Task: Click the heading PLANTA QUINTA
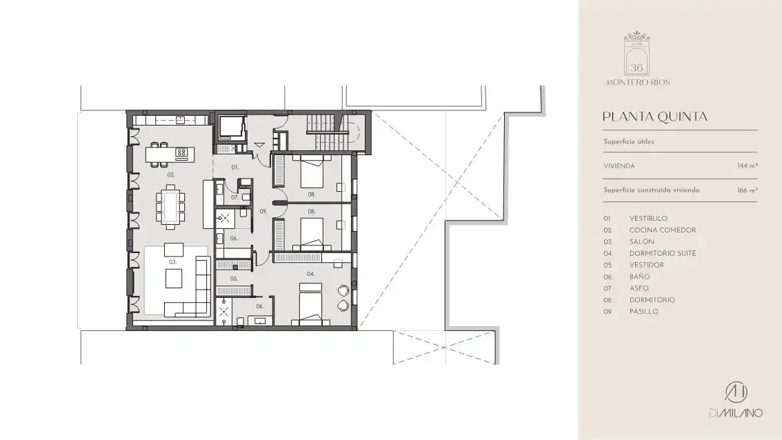[655, 117]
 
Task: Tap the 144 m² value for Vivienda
[748, 166]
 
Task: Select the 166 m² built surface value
[748, 190]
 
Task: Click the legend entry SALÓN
[642, 241]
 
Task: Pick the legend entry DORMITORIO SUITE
[663, 253]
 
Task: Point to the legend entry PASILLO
[644, 312]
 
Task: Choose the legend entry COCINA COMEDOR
[663, 230]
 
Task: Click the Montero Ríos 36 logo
[637, 59]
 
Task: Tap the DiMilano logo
[736, 399]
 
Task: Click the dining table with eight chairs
[170, 206]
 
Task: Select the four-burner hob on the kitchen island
[181, 152]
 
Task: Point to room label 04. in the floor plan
[311, 274]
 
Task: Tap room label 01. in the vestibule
[235, 168]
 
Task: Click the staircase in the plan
[327, 131]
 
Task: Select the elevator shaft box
[230, 128]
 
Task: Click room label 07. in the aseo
[235, 197]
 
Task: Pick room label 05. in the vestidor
[234, 279]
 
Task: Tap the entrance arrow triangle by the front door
[259, 145]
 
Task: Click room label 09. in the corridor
[263, 212]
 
